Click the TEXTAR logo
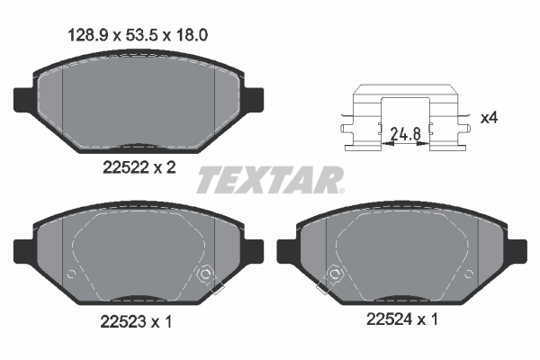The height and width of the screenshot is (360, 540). pyautogui.click(x=270, y=179)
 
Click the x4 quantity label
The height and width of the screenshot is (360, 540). pyautogui.click(x=489, y=118)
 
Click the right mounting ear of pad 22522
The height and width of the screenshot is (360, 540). pyautogui.click(x=253, y=96)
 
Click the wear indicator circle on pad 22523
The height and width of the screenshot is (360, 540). pyautogui.click(x=205, y=274)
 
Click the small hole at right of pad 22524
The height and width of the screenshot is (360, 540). pyautogui.click(x=471, y=274)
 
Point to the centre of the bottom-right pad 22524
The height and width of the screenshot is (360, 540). pyautogui.click(x=402, y=256)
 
